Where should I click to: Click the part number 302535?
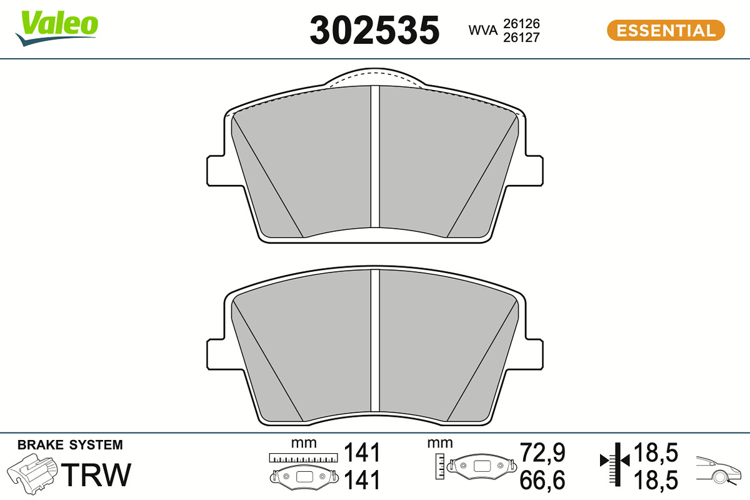point(374,30)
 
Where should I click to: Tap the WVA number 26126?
point(521,24)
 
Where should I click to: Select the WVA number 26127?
point(521,37)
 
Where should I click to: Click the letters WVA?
point(482,30)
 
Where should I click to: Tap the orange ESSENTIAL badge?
point(666,31)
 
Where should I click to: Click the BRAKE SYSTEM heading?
point(70,445)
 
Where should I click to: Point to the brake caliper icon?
point(32,474)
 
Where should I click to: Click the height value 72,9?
point(542,452)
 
